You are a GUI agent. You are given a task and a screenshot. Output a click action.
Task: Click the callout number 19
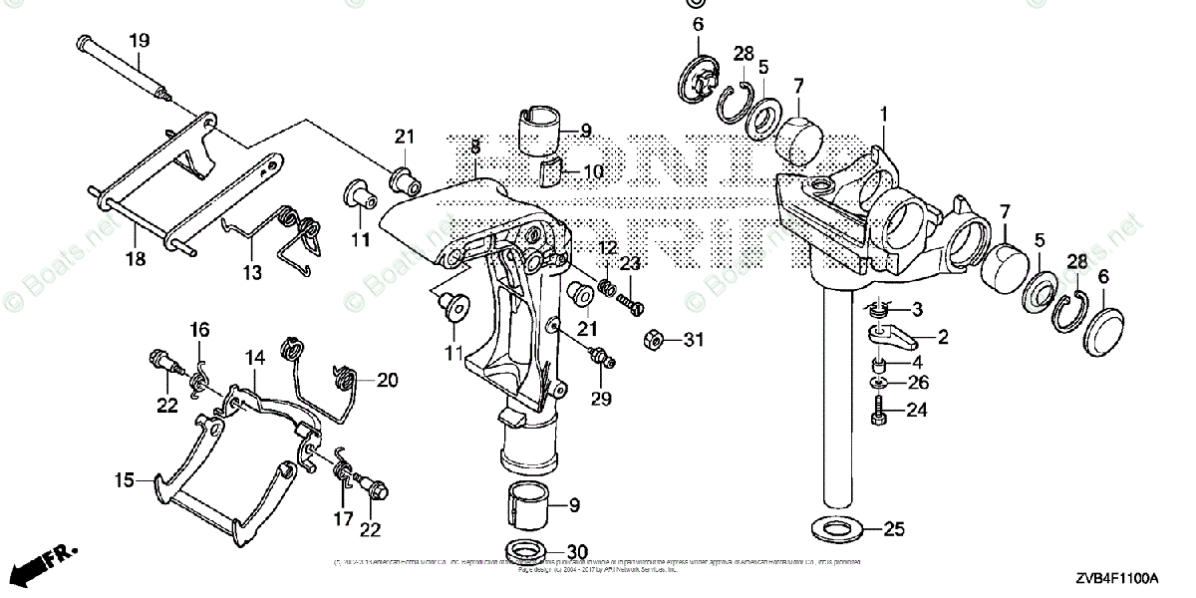click(139, 41)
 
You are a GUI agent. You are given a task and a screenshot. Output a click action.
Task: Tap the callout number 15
click(123, 480)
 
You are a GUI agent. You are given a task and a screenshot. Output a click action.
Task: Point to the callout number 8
click(476, 146)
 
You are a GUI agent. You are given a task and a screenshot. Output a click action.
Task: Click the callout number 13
click(251, 272)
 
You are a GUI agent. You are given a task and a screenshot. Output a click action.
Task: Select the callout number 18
click(135, 258)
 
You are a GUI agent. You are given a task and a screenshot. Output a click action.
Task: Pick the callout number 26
click(918, 382)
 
